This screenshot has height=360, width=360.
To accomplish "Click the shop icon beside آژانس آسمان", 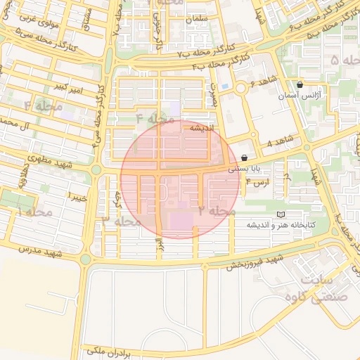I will pyautogui.click(x=300, y=84).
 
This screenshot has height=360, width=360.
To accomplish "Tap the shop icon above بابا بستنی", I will pyautogui.click(x=244, y=158).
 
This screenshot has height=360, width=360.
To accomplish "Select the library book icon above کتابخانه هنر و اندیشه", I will pyautogui.click(x=282, y=214).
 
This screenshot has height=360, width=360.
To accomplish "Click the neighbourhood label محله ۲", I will pyautogui.click(x=216, y=211).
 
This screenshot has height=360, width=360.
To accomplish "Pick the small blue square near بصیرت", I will pyautogui.click(x=224, y=86).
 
